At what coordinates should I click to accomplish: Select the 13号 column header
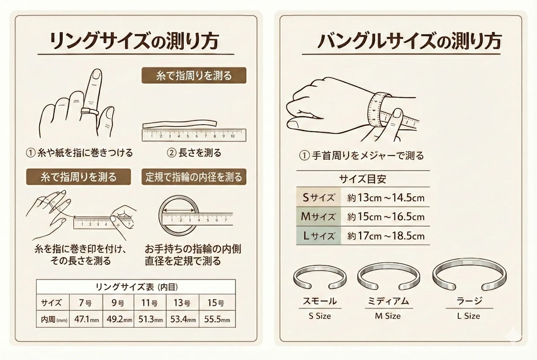183,303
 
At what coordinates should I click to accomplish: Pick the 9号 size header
118,303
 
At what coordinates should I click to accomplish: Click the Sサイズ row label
319,197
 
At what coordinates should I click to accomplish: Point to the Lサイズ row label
319,236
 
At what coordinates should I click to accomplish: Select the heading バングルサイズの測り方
409,42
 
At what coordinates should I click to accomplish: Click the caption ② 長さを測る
194,153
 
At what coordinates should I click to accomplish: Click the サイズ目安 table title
362,179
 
